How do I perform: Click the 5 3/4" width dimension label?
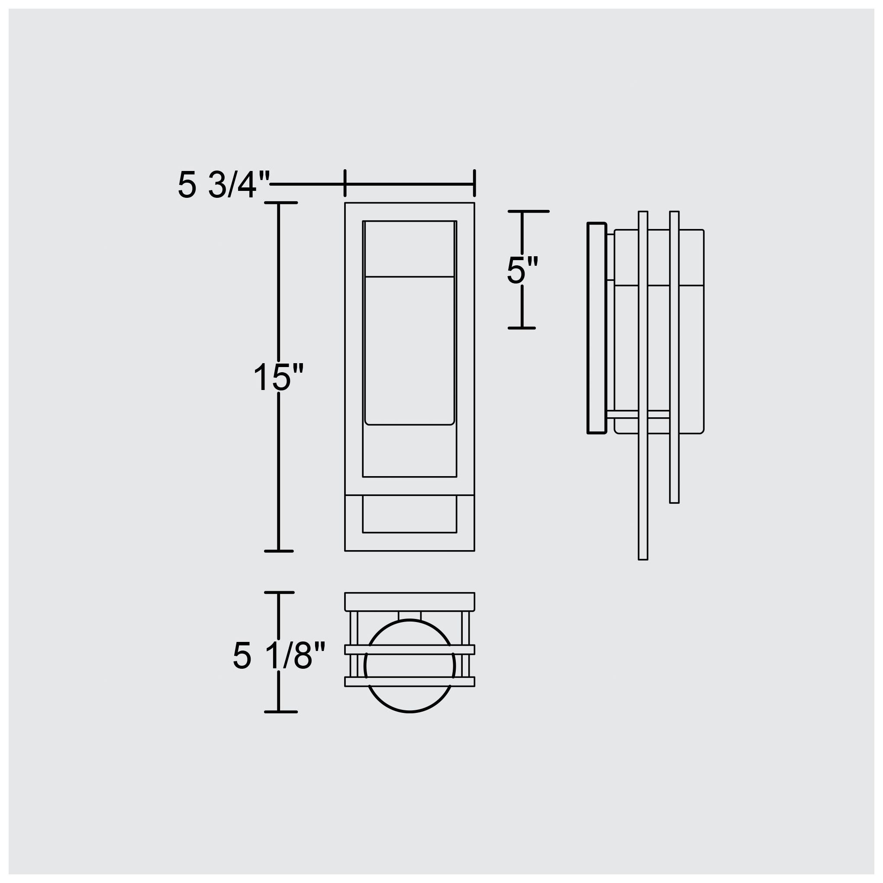point(223,186)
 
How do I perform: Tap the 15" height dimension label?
point(278,377)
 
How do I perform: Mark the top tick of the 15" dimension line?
point(280,203)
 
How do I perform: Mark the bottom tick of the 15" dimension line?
point(279,551)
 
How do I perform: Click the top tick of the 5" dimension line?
point(528,212)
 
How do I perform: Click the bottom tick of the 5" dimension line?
point(522,328)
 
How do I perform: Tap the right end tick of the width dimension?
point(474,183)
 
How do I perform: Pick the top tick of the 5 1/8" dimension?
point(279,592)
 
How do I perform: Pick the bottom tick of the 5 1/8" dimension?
point(280,712)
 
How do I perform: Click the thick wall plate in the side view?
point(596,328)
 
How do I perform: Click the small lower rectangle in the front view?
point(409,514)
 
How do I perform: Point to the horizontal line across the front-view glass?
point(409,277)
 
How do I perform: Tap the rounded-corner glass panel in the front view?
point(409,350)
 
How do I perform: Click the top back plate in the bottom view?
point(409,602)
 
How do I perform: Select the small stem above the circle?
point(409,616)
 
